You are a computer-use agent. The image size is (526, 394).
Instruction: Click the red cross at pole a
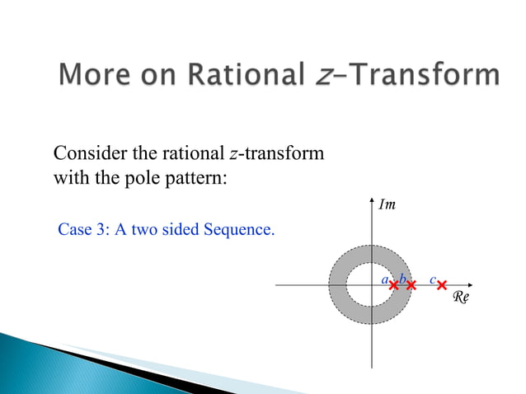[x=394, y=285]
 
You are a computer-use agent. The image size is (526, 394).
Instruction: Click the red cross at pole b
[x=411, y=285]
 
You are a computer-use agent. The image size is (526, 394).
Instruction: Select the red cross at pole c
[x=442, y=285]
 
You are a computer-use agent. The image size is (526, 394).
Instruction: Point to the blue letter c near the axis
[x=432, y=279]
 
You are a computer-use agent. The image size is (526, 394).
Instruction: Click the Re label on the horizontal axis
[x=461, y=298]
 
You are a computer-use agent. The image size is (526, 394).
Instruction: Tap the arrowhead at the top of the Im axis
[x=373, y=197]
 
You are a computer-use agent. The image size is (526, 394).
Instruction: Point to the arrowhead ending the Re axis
[x=471, y=284]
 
